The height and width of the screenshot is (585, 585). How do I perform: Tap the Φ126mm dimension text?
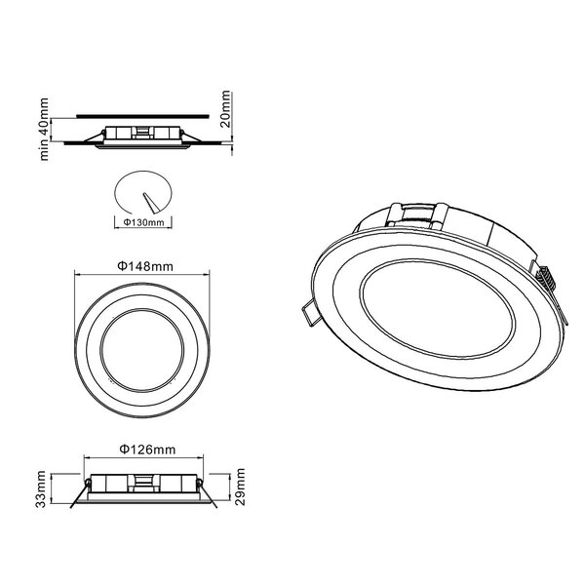click(146, 448)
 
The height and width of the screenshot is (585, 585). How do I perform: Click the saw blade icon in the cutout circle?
click(148, 201)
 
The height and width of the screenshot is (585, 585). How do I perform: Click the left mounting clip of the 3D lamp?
click(310, 313)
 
